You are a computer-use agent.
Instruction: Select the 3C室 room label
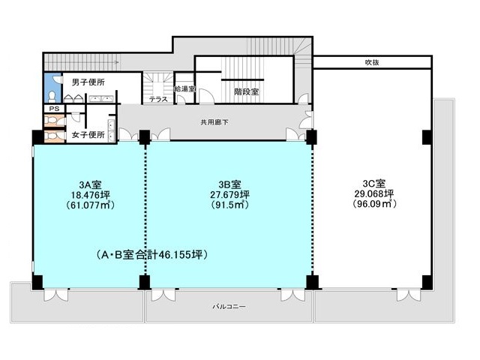(x=373, y=184)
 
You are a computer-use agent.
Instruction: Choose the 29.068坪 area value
(x=373, y=193)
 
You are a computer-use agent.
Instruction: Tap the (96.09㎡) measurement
(x=373, y=203)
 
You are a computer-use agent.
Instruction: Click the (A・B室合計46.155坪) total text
(x=152, y=255)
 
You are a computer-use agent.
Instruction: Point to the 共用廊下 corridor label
(x=214, y=121)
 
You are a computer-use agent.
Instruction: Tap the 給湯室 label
(x=184, y=88)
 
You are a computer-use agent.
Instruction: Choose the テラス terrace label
(x=157, y=99)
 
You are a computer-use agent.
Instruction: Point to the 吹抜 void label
(x=372, y=62)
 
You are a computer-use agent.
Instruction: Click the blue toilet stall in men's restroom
(x=51, y=88)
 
